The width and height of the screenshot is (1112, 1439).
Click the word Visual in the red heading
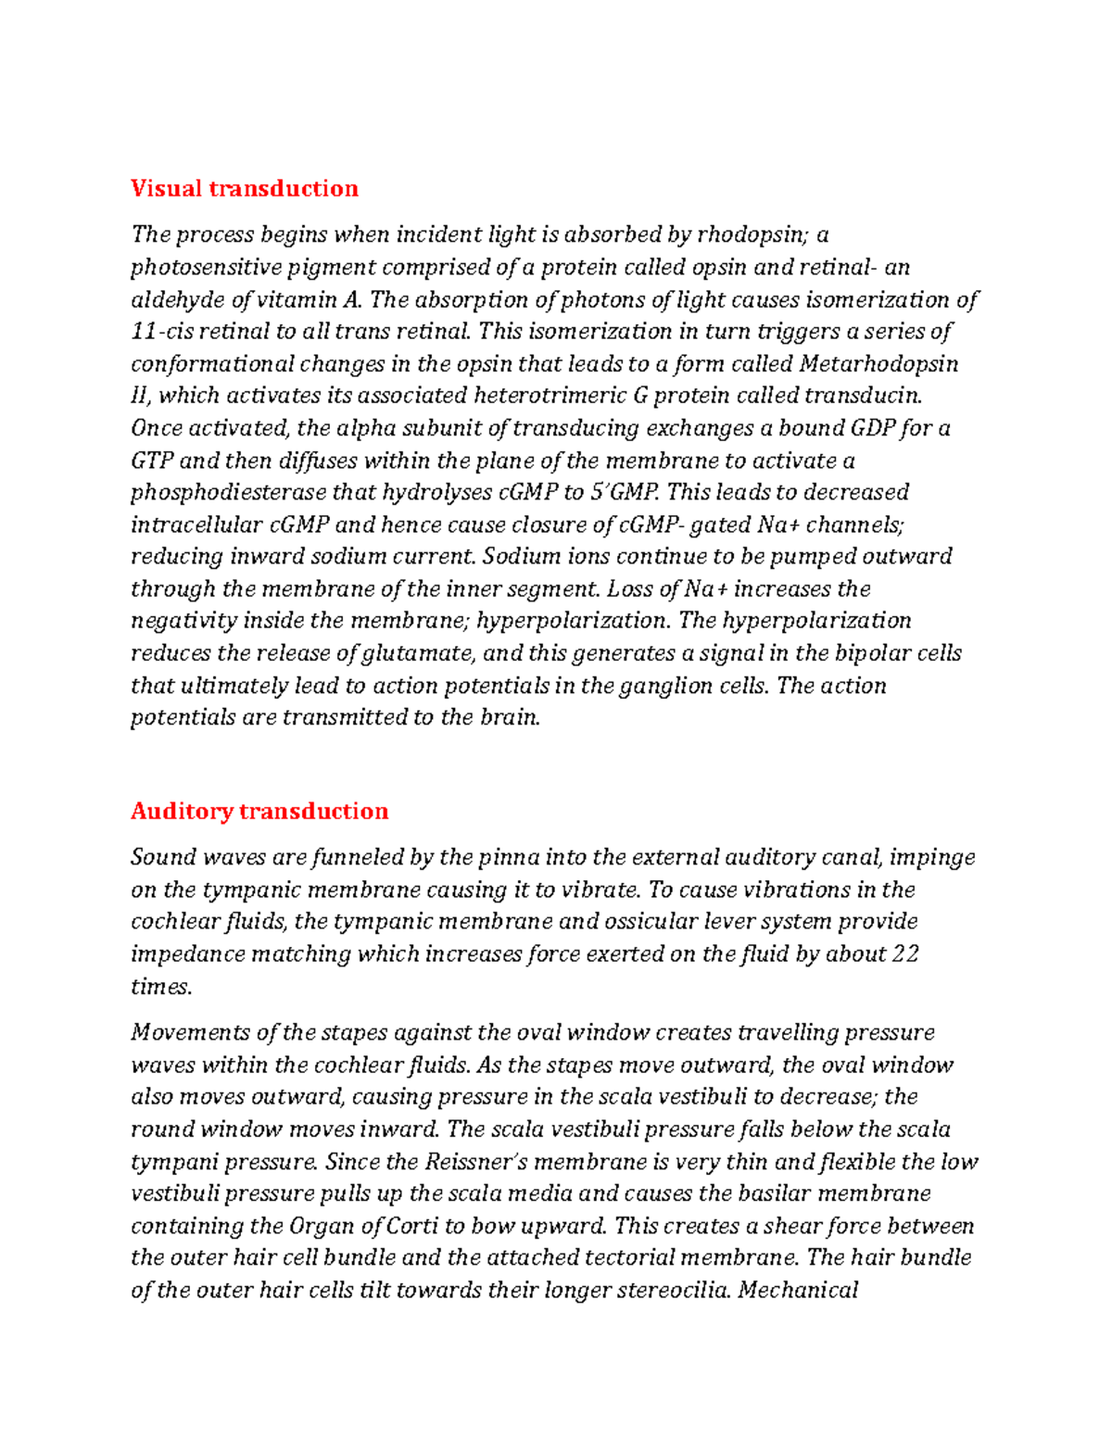click(166, 188)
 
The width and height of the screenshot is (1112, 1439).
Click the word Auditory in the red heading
click(182, 811)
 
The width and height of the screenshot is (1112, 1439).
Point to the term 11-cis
click(160, 332)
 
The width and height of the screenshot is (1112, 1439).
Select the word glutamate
click(418, 653)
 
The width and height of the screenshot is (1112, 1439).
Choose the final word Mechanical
click(798, 1290)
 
